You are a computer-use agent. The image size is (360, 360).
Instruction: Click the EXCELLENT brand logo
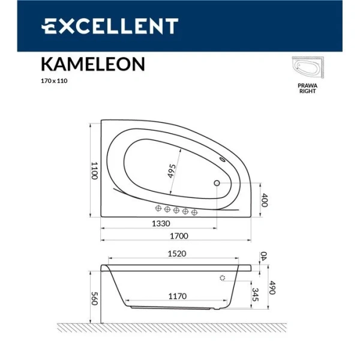point(109,26)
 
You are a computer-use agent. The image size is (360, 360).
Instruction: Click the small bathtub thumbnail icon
point(307,68)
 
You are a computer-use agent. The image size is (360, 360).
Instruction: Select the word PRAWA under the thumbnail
point(307,86)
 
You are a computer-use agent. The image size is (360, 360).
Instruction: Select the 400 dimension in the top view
point(265,201)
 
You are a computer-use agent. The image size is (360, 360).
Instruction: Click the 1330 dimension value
point(158,223)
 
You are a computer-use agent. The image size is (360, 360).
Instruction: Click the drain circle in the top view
point(217,184)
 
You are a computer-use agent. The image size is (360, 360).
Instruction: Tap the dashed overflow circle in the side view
point(223,278)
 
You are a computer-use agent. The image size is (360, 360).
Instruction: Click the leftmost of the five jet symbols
point(159,209)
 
